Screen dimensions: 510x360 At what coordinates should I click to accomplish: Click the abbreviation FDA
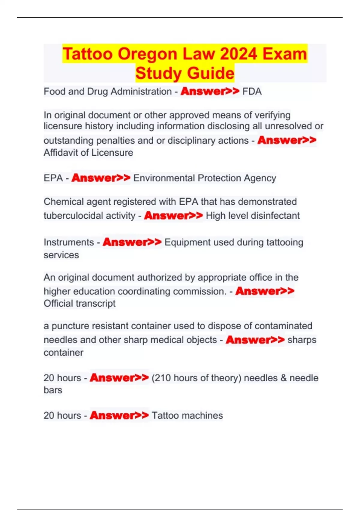252,91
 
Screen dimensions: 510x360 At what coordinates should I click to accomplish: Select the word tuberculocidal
89,216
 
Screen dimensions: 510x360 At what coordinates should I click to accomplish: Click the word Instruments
69,242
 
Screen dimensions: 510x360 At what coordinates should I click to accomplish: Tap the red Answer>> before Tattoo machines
119,415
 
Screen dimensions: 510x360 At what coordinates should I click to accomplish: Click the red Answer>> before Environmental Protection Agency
101,178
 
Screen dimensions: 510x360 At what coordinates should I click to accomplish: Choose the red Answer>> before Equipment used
132,242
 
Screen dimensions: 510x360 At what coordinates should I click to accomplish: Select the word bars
53,390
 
